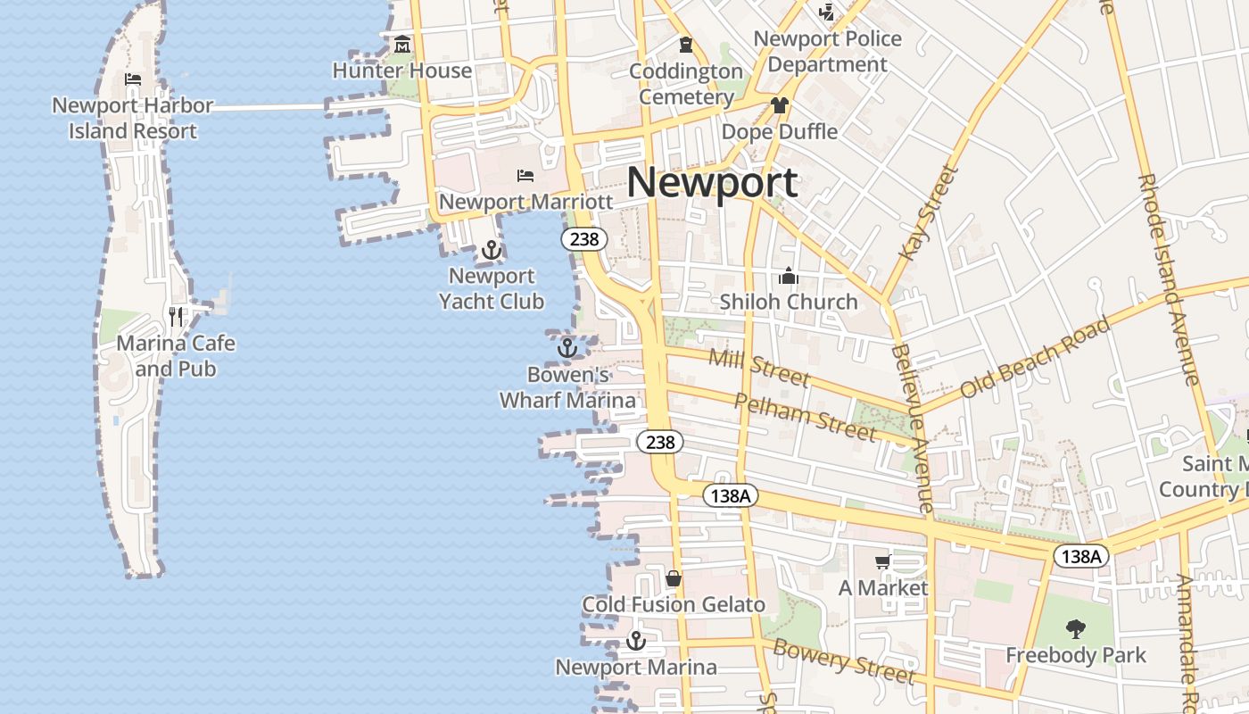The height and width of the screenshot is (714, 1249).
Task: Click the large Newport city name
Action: (712, 183)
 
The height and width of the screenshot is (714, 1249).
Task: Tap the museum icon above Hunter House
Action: (402, 44)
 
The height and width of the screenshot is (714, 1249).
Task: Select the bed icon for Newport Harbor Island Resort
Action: (133, 79)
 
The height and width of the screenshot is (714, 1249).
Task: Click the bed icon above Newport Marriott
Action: (525, 175)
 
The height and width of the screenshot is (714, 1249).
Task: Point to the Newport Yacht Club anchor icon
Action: (491, 250)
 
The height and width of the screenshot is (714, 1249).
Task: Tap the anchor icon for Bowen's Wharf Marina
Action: (567, 348)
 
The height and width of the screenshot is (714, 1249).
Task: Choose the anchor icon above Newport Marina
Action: (635, 641)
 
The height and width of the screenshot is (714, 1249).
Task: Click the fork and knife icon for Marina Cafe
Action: (176, 316)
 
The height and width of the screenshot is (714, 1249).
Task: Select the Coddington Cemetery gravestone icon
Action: (685, 44)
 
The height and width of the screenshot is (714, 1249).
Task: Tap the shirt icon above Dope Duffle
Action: (780, 105)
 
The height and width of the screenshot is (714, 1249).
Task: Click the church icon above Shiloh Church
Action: (788, 276)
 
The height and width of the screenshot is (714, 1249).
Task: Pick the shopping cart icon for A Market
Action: (882, 561)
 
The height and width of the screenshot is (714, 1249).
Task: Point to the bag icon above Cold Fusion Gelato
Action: (674, 578)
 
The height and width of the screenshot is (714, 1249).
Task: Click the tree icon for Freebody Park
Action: (1076, 628)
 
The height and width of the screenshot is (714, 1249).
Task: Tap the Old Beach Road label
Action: (1035, 357)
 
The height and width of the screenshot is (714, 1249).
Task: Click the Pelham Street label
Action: (805, 416)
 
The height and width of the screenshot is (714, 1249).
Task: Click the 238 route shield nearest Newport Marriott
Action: (584, 239)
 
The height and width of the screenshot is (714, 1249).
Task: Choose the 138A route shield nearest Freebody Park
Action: (1082, 557)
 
